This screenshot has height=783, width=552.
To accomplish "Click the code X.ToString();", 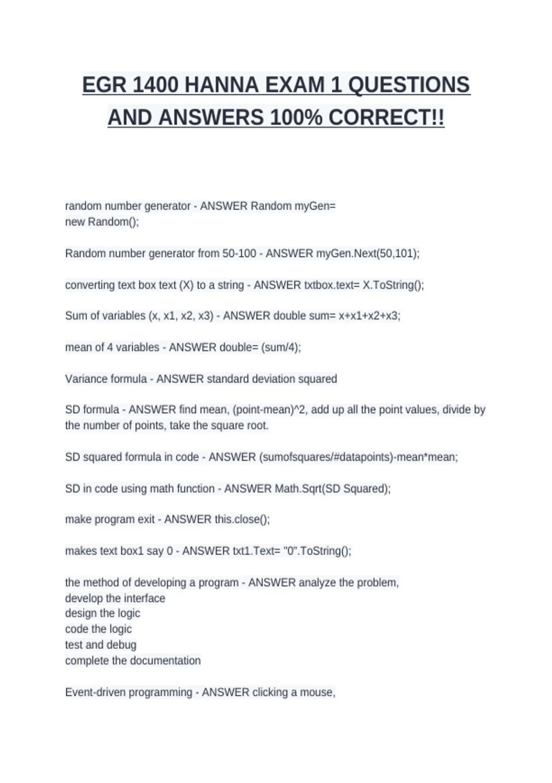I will [393, 285].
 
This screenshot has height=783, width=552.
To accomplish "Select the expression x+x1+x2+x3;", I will [369, 316].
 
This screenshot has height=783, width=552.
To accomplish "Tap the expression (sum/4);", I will [281, 347].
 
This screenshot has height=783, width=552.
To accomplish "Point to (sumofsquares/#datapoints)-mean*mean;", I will [359, 457].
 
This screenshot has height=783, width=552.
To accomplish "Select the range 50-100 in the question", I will [239, 254].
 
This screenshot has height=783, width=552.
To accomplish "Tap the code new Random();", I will [102, 222].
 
